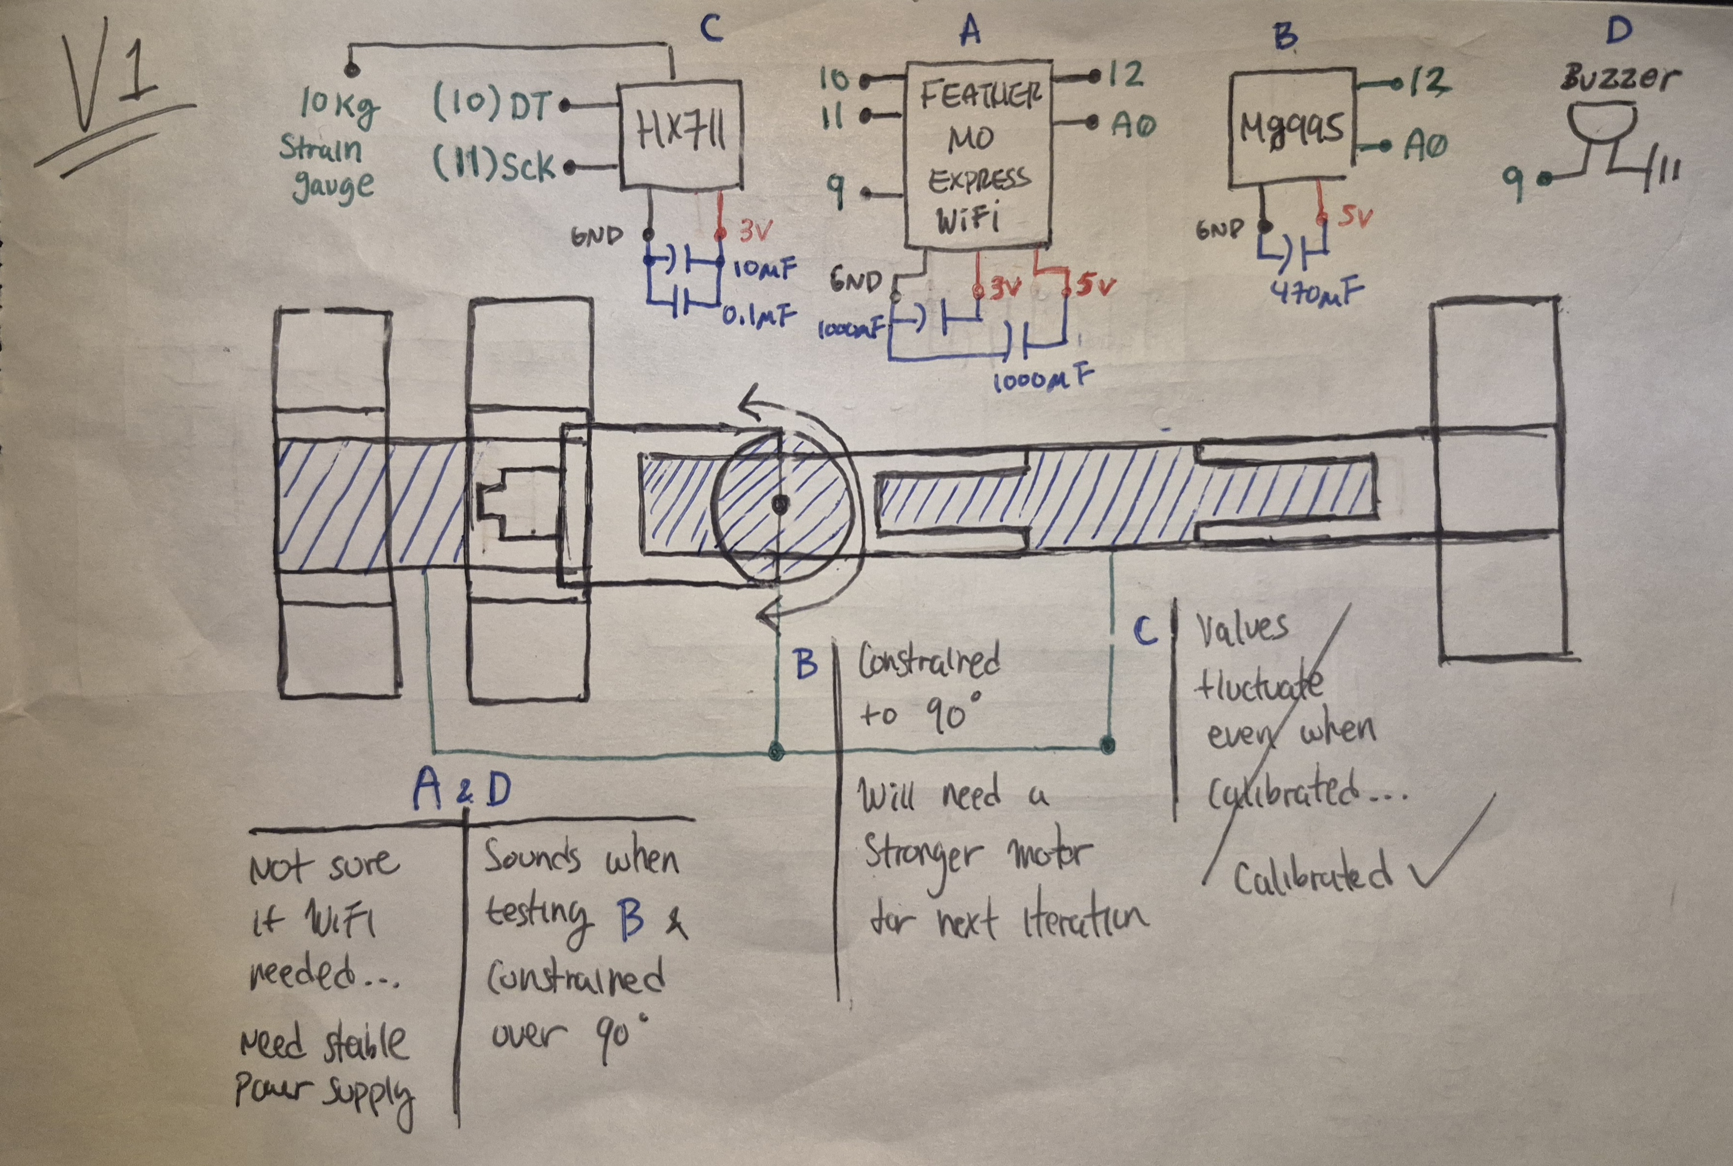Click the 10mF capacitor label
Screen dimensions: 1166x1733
[x=764, y=266]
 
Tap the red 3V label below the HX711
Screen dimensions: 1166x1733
[x=756, y=231]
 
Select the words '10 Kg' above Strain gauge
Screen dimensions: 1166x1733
[x=339, y=108]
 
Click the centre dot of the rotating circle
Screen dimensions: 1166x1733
[x=779, y=505]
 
